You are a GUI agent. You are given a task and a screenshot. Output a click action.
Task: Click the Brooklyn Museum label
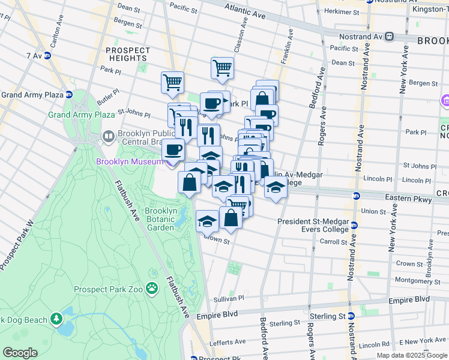click(x=129, y=161)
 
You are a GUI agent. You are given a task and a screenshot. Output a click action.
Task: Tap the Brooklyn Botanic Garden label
click(x=160, y=219)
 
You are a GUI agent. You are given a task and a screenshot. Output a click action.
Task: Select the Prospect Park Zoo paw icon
click(x=152, y=289)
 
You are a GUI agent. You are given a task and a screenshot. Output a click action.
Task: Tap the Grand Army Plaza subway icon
click(x=68, y=95)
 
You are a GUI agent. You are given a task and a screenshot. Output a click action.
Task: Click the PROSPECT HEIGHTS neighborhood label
click(x=127, y=54)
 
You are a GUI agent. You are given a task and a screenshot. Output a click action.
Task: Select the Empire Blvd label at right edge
click(x=414, y=298)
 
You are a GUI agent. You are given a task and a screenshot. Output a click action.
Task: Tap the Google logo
click(x=20, y=353)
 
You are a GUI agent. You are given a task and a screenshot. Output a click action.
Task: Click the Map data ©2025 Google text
click(x=411, y=355)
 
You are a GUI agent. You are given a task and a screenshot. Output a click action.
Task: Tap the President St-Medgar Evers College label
click(x=313, y=225)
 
